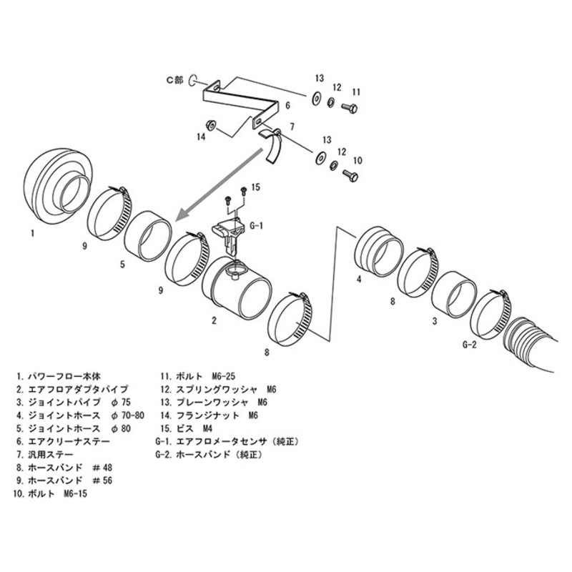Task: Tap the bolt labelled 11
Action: coord(350,108)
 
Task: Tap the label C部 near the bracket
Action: coord(174,81)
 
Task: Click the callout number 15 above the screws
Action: coord(257,187)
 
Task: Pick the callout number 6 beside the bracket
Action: coord(287,105)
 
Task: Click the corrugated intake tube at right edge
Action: coord(543,343)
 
